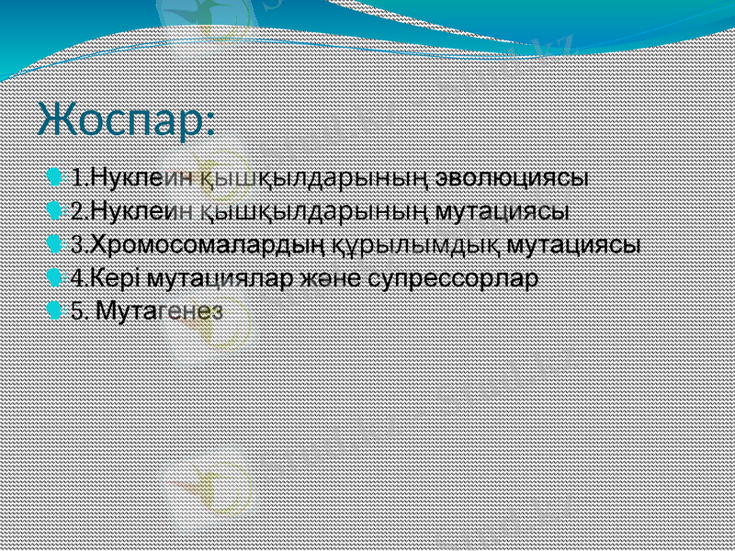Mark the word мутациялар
click(x=221, y=278)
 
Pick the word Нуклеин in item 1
click(x=141, y=175)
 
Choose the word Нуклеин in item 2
click(x=141, y=210)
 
